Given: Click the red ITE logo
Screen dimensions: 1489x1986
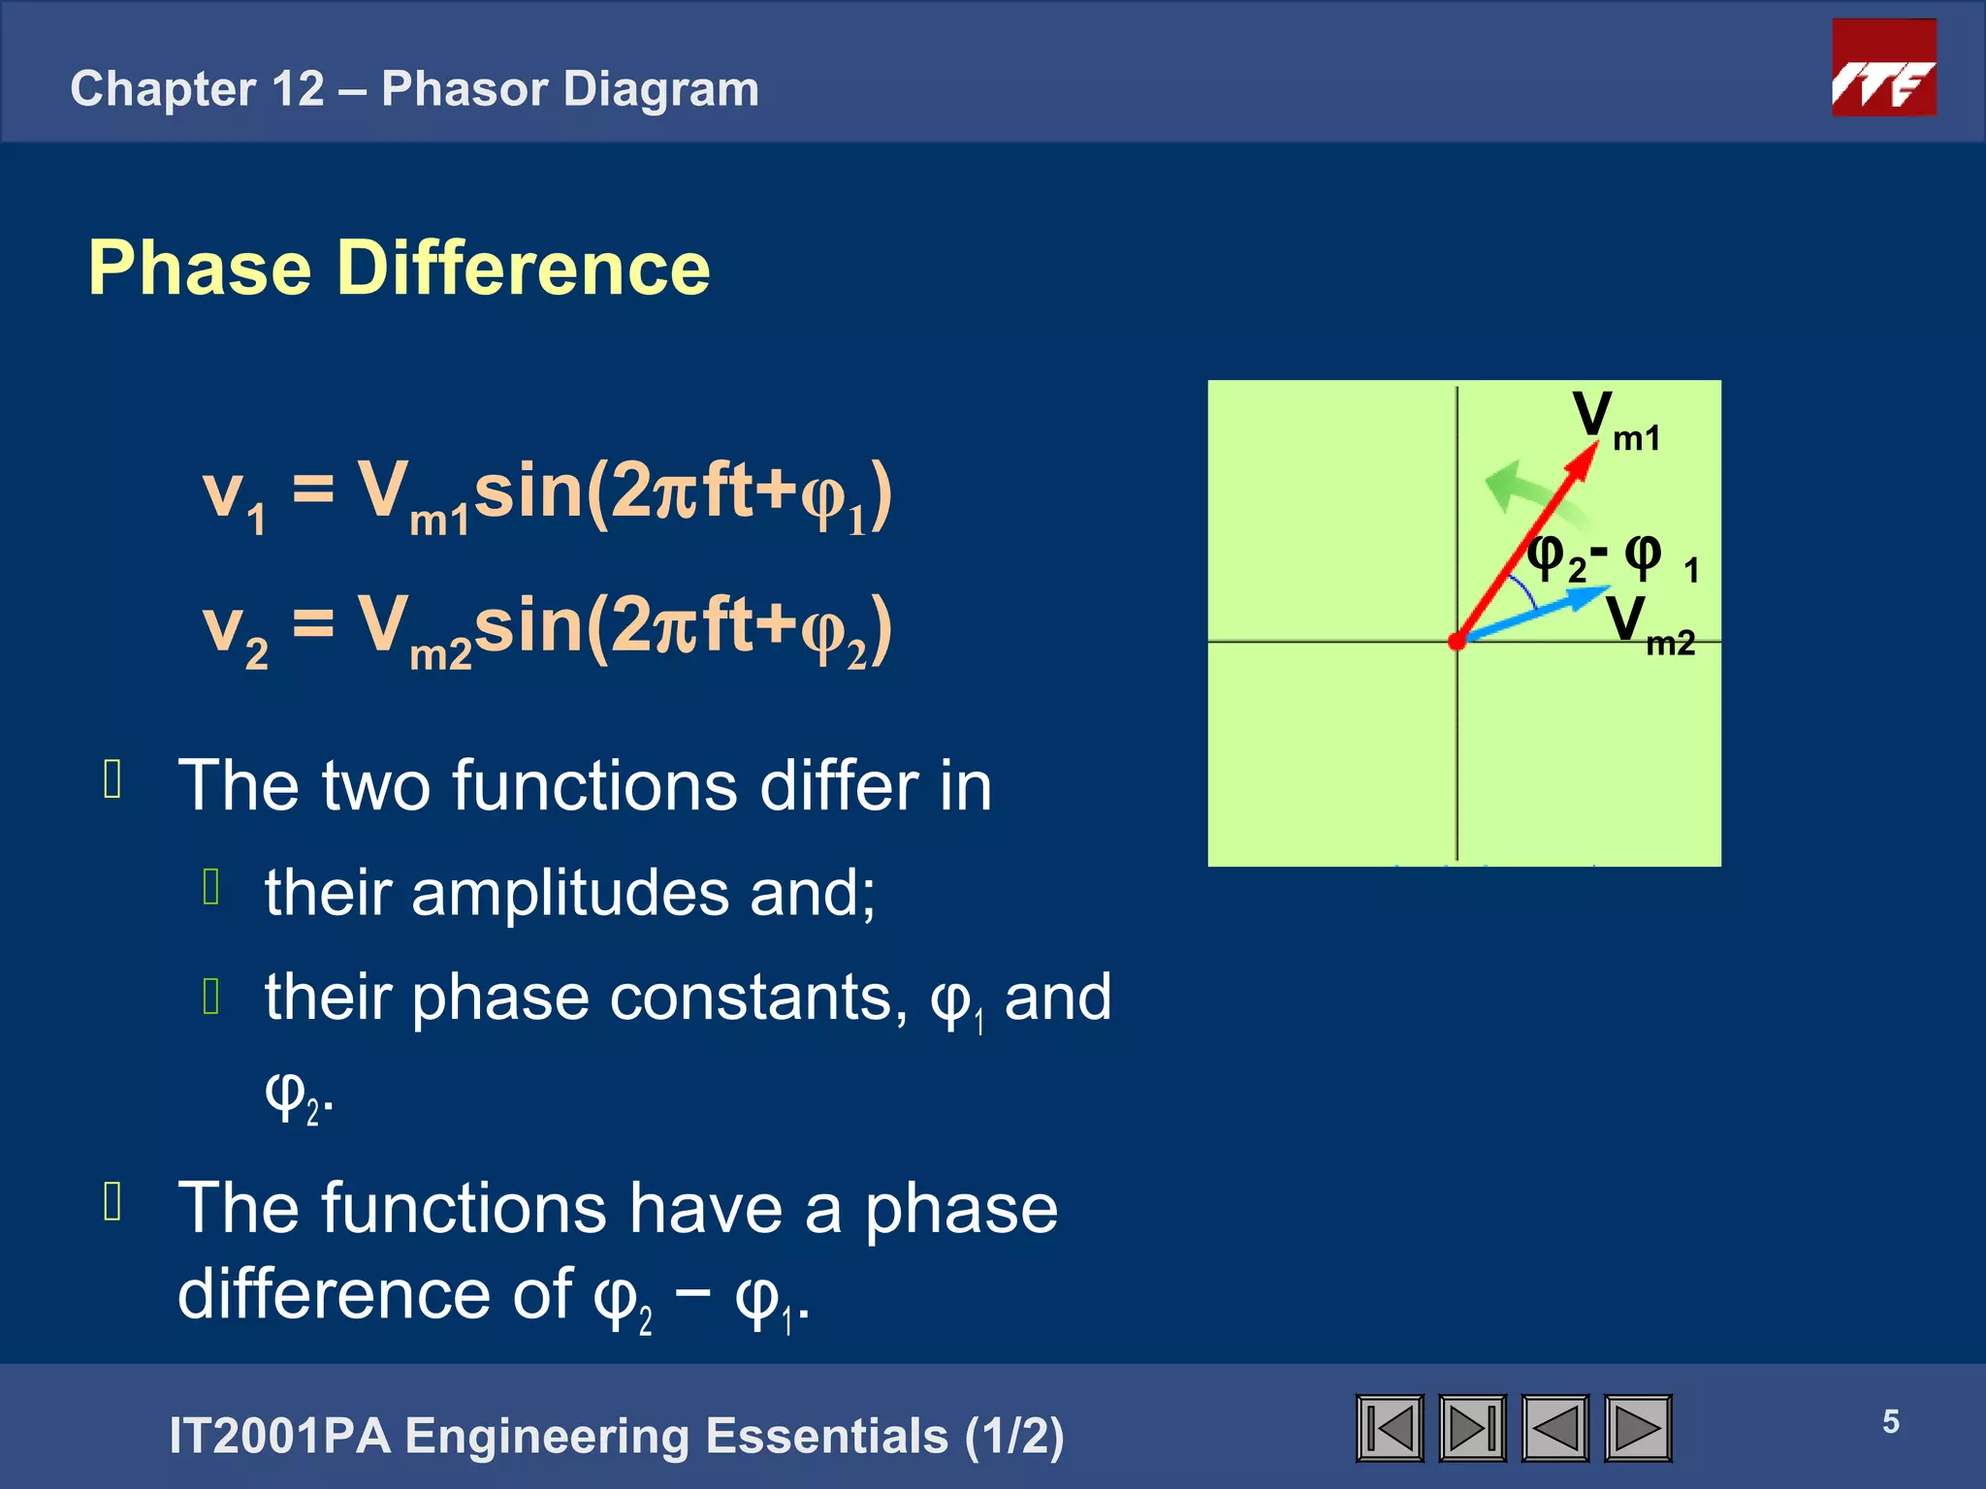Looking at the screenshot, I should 1883,68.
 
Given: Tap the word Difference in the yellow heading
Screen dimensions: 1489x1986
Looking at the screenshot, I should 523,269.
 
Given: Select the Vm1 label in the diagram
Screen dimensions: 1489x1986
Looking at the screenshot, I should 1616,421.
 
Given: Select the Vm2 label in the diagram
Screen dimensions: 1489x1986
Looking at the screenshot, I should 1650,625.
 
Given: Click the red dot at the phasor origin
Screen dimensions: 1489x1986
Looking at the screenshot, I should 1456,641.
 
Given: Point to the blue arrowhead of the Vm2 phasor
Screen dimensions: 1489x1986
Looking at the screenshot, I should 1590,595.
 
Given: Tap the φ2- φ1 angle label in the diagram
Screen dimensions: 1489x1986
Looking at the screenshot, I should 1610,558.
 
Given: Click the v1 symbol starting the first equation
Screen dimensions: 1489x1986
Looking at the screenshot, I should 233,496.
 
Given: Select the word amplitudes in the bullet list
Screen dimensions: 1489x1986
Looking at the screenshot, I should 570,893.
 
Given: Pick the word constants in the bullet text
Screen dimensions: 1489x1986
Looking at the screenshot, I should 758,998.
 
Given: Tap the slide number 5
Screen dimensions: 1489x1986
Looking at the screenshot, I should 1890,1421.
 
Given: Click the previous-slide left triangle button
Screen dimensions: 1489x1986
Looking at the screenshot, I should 1554,1428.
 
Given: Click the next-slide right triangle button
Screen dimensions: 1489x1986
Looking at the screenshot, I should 1638,1428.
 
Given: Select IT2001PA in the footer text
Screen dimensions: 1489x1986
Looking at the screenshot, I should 279,1436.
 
